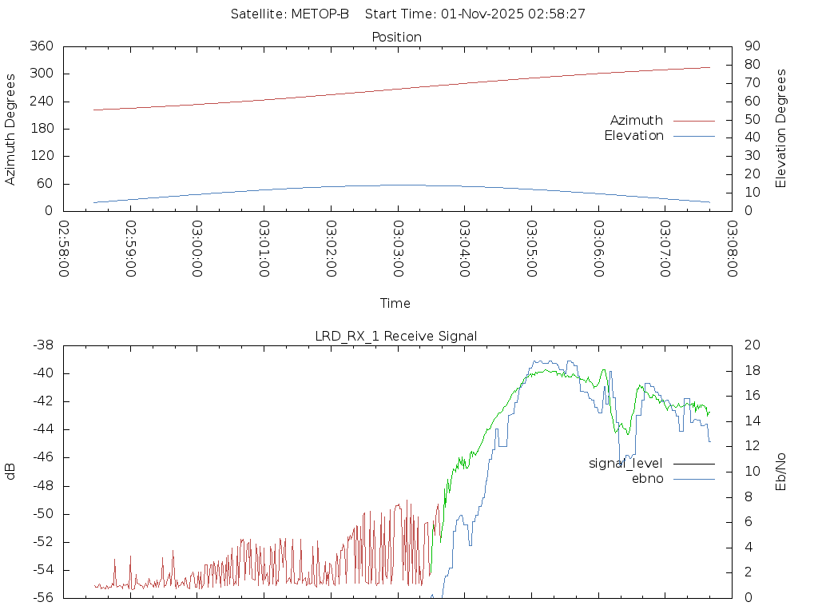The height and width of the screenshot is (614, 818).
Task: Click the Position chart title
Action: pos(396,37)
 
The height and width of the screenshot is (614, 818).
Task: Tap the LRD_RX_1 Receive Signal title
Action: pos(396,336)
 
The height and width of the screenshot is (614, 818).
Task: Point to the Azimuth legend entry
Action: pos(637,120)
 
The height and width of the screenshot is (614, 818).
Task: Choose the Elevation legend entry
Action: pos(633,136)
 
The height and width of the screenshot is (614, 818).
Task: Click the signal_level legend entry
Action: pos(625,463)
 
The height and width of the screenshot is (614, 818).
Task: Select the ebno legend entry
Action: pos(647,478)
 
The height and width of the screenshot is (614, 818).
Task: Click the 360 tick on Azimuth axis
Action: pos(42,46)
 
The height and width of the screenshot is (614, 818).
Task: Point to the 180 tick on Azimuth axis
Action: pos(42,129)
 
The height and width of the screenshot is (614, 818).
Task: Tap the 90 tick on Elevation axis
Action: pos(751,46)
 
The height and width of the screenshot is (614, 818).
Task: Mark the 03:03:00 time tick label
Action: pos(398,249)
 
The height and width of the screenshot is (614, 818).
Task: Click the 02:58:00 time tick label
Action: pos(64,249)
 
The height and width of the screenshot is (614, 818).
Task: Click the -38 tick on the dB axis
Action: pos(42,345)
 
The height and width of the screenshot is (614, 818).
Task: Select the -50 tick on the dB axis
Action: pos(42,514)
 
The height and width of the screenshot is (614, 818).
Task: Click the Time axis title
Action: pos(395,303)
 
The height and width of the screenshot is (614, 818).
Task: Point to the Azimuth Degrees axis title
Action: pos(10,129)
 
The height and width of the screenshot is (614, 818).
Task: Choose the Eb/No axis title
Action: pos(781,471)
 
